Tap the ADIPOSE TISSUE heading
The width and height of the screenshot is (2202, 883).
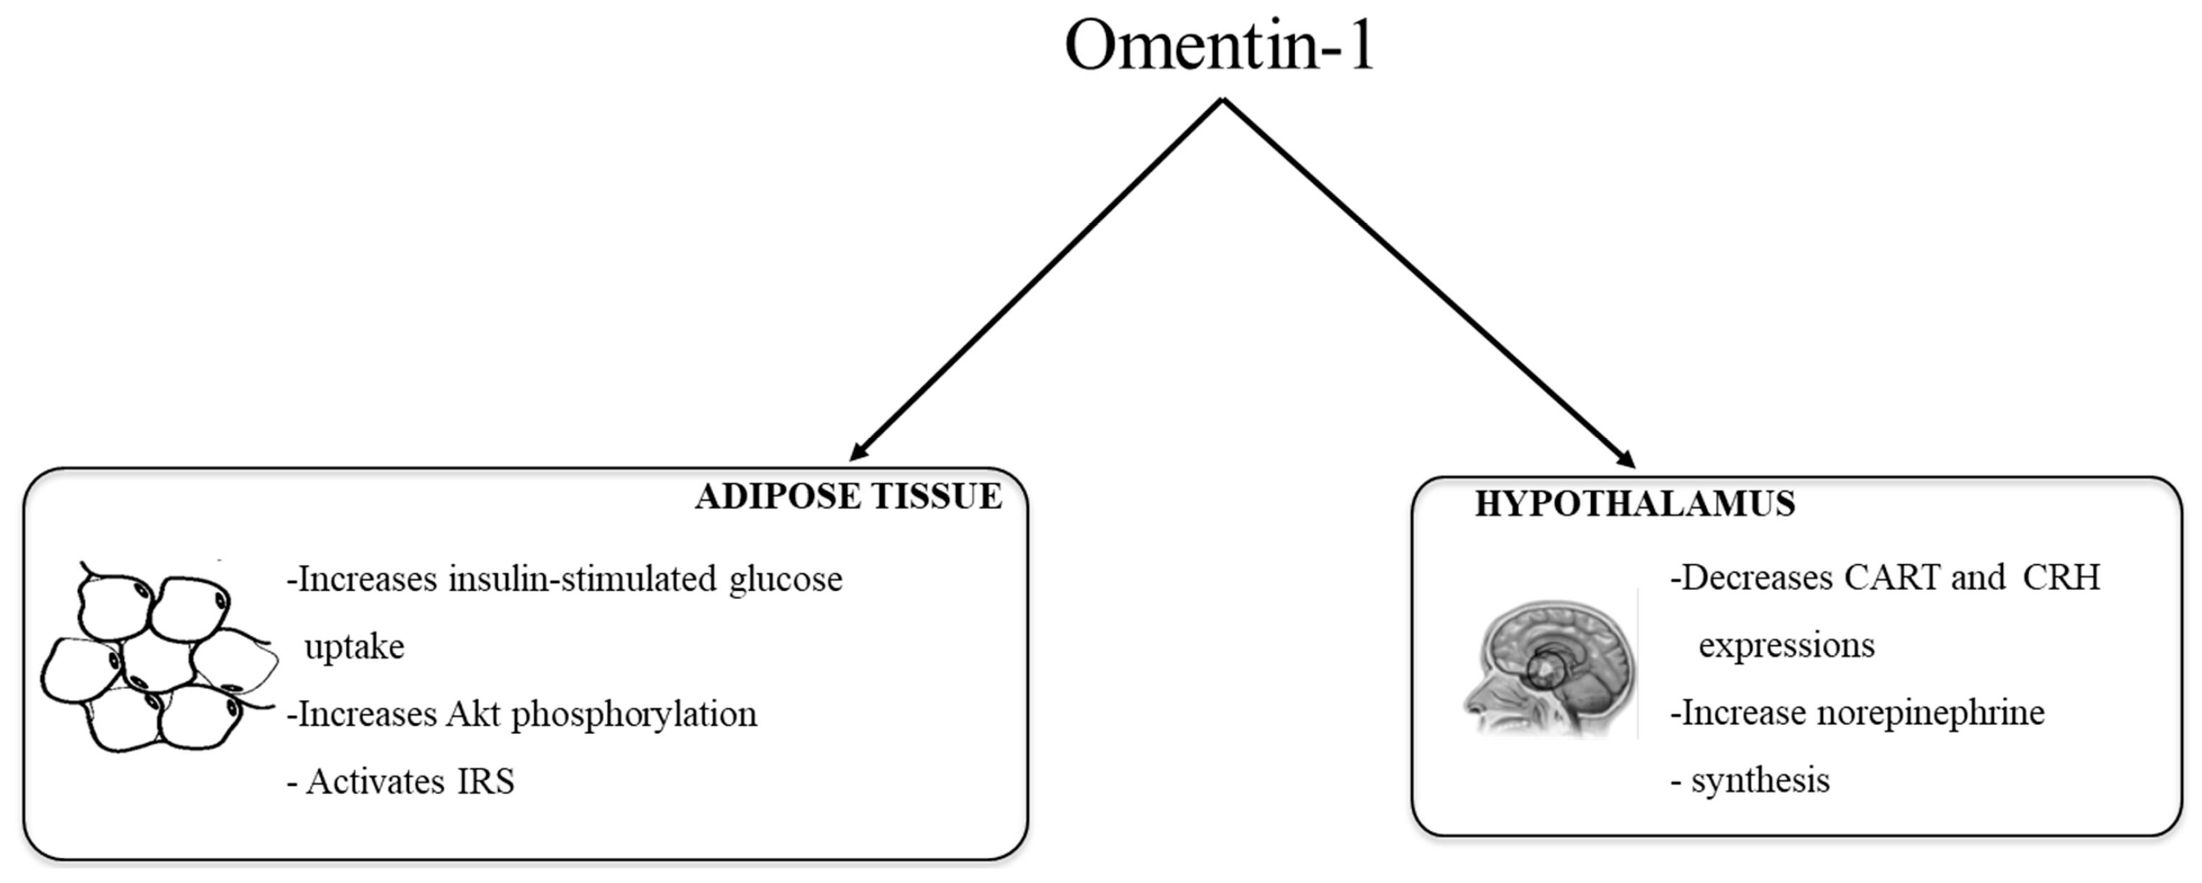point(848,497)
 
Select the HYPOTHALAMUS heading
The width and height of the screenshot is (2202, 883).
point(1634,503)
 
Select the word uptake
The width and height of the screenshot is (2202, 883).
point(354,647)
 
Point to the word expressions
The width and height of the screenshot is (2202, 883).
point(1786,646)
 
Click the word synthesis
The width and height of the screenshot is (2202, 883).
point(1760,781)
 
